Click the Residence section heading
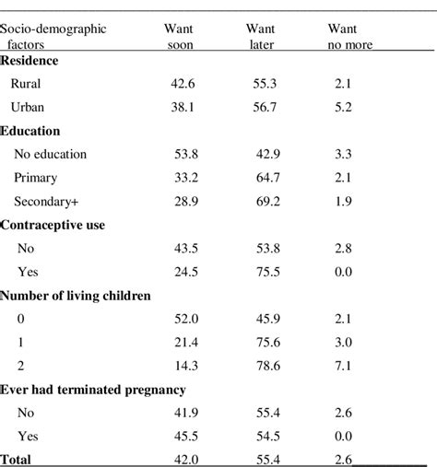tap(30, 61)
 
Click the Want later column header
tap(262, 37)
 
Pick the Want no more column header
tap(349, 37)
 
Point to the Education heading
tap(31, 132)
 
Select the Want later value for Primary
tap(267, 177)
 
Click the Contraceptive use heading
tap(53, 225)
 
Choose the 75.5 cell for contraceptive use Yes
tap(267, 271)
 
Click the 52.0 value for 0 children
tap(186, 319)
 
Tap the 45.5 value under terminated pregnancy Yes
tap(186, 435)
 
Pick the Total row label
tap(18, 458)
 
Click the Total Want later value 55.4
tap(267, 458)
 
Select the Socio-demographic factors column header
tap(53, 37)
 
